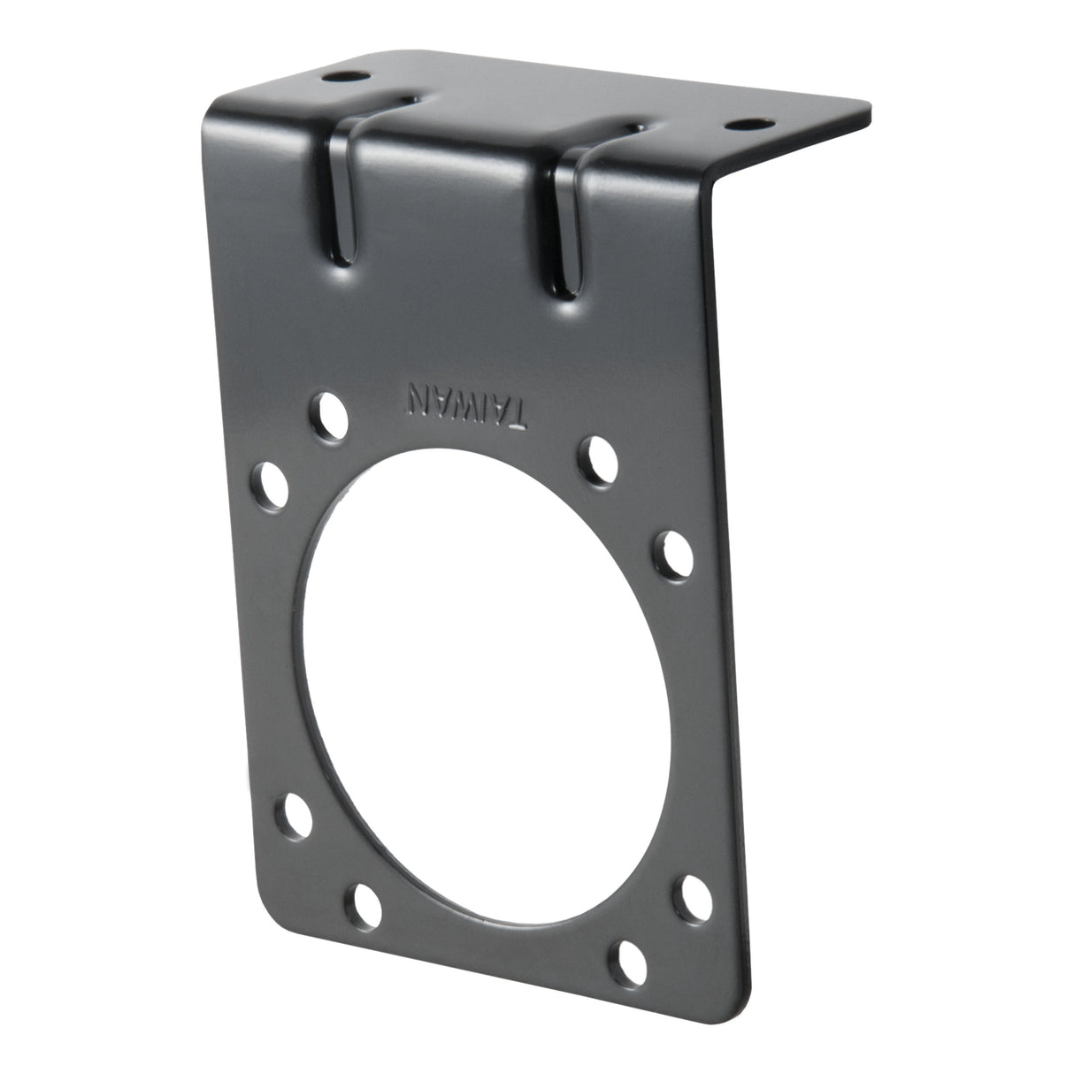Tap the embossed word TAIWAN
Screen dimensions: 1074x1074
tap(467, 404)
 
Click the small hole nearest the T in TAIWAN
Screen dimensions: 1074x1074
tap(602, 456)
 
